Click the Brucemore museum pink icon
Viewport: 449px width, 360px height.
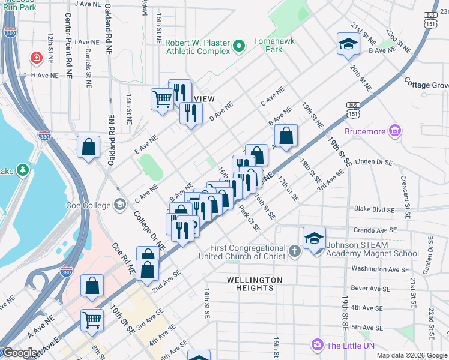pos(394,131)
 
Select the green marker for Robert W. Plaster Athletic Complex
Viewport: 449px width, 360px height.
pos(239,46)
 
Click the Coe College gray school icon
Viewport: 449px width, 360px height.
pos(120,205)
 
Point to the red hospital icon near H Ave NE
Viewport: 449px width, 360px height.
pos(37,58)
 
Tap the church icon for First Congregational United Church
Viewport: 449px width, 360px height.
pos(294,251)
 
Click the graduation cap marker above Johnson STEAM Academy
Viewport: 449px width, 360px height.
pos(315,238)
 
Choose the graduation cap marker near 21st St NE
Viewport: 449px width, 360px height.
pos(348,44)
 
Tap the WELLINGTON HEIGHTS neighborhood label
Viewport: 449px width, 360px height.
pos(255,284)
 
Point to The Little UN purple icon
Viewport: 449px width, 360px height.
pos(317,344)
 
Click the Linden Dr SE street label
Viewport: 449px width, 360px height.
pos(373,161)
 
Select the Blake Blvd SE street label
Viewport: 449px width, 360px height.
pos(374,209)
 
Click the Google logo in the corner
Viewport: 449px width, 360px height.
pos(20,353)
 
